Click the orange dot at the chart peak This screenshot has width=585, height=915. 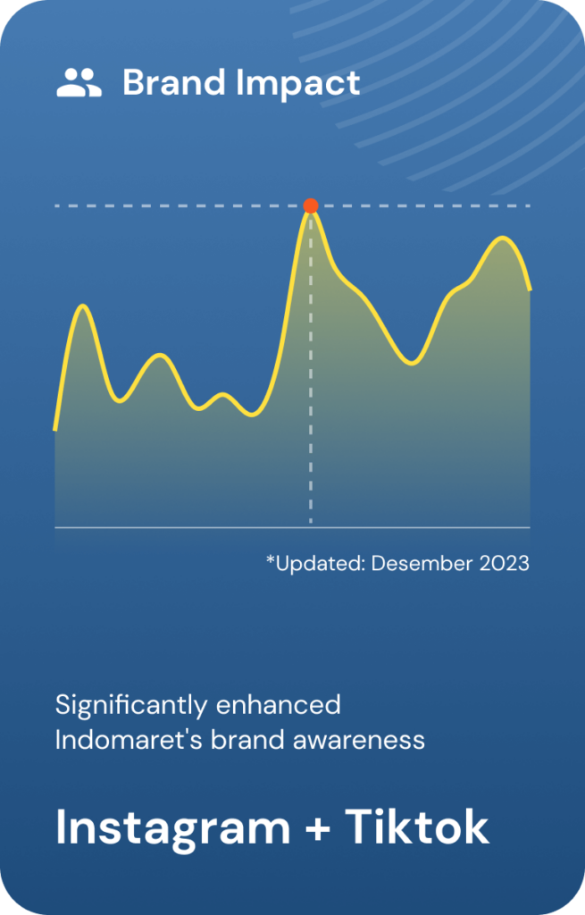[311, 206]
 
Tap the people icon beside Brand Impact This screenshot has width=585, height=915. [79, 82]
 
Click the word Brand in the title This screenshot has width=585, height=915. [174, 82]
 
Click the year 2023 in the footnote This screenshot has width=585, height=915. [505, 563]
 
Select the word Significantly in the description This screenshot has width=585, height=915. [131, 707]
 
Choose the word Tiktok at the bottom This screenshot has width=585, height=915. [417, 827]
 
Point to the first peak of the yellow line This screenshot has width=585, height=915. [85, 306]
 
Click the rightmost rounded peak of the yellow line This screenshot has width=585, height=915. [502, 238]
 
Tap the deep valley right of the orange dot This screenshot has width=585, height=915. [412, 363]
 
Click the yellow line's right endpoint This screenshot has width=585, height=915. [530, 289]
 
